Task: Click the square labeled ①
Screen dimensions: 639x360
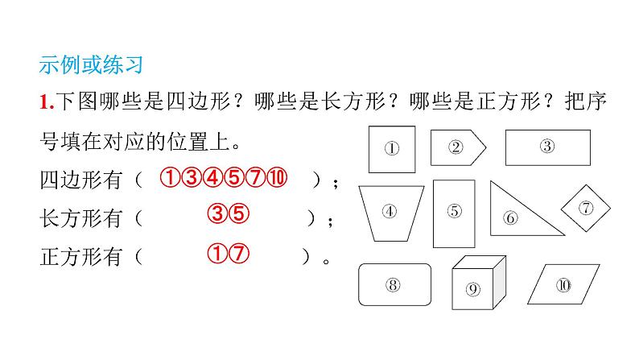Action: click(392, 148)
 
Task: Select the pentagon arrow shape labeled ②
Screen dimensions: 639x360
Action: click(456, 147)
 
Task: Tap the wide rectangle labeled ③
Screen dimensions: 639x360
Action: click(546, 147)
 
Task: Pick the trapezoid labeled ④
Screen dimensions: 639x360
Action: click(390, 213)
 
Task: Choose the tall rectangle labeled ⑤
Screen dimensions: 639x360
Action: click(455, 213)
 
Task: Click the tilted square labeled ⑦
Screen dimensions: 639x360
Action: click(585, 208)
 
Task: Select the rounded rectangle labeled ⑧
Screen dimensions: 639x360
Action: click(393, 284)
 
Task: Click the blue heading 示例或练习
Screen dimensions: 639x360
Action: click(90, 64)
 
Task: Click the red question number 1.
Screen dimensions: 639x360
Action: click(44, 102)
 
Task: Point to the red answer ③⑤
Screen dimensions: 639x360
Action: click(225, 215)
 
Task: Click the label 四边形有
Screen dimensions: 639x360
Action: click(80, 180)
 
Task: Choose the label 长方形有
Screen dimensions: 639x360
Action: click(80, 218)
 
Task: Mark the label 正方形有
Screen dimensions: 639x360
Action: click(80, 258)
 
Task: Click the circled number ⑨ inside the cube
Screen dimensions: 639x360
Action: click(472, 290)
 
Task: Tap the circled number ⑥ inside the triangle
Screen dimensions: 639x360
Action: click(510, 217)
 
